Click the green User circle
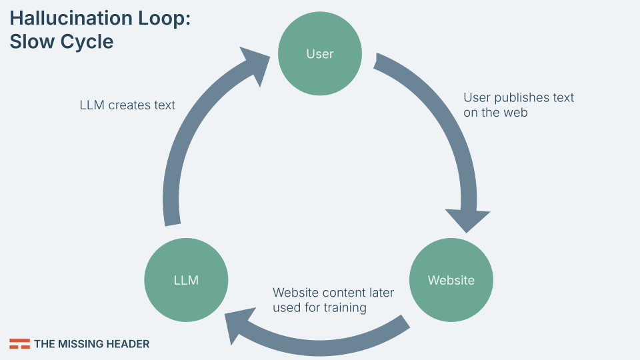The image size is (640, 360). (320, 54)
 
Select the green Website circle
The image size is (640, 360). (451, 280)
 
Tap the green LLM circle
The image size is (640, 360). (186, 280)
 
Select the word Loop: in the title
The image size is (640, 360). (167, 19)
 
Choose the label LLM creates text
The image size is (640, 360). (127, 105)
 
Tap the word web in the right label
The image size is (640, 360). (515, 113)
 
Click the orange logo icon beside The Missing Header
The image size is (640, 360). (19, 344)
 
